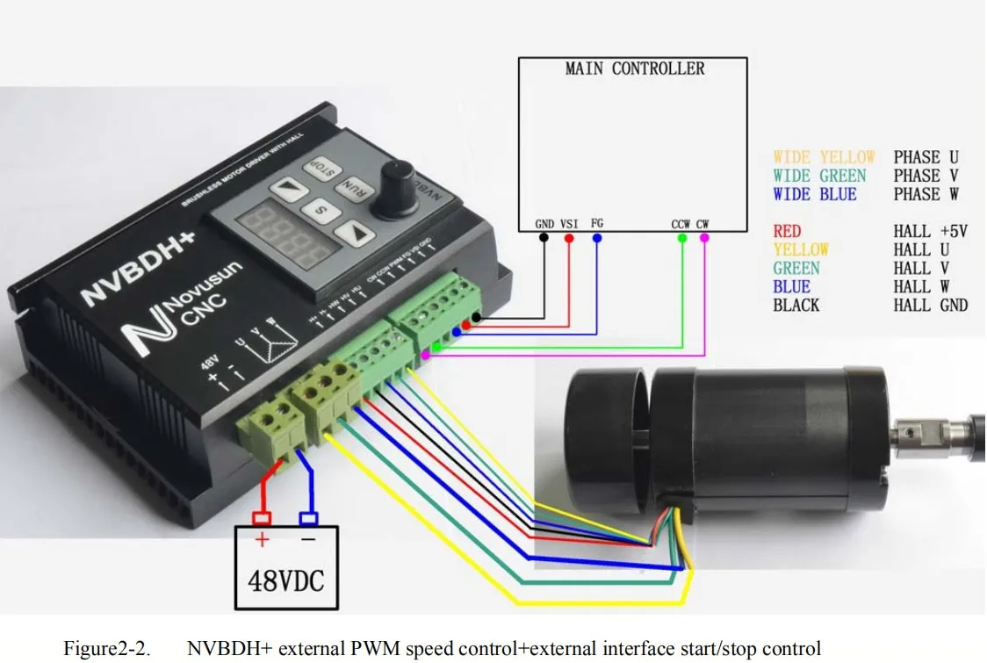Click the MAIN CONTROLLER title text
[x=635, y=68]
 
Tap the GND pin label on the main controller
[x=544, y=224]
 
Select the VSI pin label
[x=569, y=224]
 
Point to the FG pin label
[x=597, y=224]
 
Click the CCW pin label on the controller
[x=681, y=224]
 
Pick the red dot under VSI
[x=569, y=238]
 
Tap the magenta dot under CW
[x=704, y=238]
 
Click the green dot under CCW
[x=682, y=238]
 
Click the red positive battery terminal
[x=261, y=518]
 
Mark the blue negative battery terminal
[x=308, y=518]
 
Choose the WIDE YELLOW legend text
[x=824, y=157]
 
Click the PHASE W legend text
[x=926, y=194]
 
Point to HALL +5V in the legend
[x=930, y=231]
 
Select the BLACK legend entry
[x=796, y=305]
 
